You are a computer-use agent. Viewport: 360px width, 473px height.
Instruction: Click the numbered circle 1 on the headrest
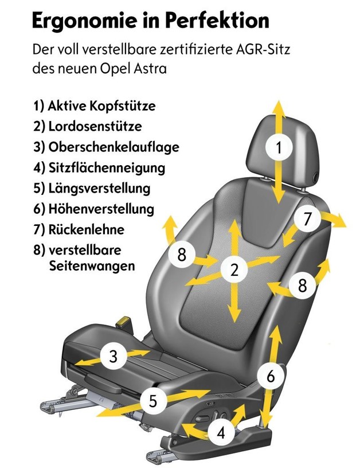[279, 147]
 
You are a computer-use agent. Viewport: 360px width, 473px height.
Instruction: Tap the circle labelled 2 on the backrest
[234, 269]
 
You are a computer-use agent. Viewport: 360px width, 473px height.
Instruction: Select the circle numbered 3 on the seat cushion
[113, 356]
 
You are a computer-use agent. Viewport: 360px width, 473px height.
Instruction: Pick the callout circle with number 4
[221, 433]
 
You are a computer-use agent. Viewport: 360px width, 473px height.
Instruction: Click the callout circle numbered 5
[153, 401]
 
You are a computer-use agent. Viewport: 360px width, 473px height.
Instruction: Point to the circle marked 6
[271, 376]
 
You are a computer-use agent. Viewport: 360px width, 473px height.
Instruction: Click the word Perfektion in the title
[217, 21]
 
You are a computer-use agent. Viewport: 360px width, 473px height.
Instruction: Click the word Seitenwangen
[92, 266]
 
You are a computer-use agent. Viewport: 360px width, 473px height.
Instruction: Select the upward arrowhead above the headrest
[279, 107]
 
